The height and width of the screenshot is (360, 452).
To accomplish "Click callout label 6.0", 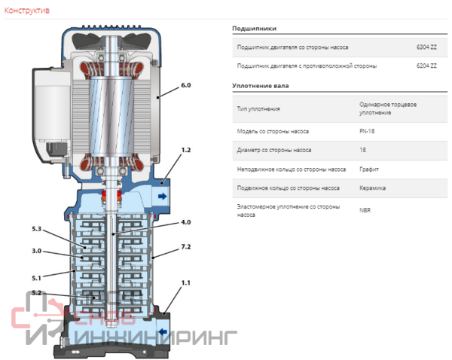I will pos(186,87).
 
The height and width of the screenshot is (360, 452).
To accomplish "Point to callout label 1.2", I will pos(186,151).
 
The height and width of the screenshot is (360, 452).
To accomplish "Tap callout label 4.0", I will pos(186,222).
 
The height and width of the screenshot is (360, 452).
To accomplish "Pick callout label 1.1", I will pos(186,283).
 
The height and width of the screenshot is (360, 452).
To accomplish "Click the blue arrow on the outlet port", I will pos(161,196).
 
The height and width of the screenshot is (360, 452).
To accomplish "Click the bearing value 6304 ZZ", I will pos(426,47).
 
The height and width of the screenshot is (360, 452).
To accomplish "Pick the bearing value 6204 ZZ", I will pos(426,66).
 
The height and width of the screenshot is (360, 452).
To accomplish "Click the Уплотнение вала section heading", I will pos(260,86).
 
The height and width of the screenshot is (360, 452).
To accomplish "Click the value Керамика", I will pos(373,188).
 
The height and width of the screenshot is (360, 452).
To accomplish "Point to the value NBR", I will pos(365,210).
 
